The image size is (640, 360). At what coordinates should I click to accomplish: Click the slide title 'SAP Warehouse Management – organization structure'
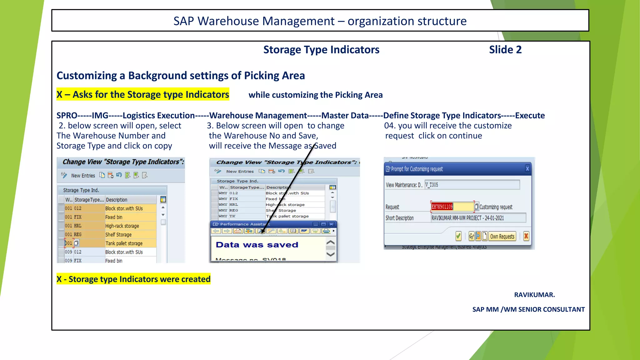[x=320, y=21]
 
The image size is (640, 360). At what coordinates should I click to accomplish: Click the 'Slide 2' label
[x=505, y=50]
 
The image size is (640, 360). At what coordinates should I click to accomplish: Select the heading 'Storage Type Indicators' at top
[x=321, y=50]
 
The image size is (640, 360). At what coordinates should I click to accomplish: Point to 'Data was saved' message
[x=257, y=245]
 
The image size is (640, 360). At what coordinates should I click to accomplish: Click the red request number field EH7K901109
[x=442, y=207]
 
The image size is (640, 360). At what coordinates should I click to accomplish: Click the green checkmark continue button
[x=458, y=236]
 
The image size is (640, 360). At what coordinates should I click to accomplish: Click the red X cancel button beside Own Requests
[x=526, y=236]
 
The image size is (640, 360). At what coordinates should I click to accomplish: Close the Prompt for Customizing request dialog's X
[x=527, y=169]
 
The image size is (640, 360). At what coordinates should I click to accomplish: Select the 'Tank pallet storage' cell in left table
[x=124, y=243]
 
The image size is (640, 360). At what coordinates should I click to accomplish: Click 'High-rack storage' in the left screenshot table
[x=122, y=226]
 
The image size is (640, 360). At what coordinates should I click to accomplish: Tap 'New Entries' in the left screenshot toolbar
[x=83, y=176]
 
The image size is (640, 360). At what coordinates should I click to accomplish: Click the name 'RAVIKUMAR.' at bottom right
[x=534, y=295]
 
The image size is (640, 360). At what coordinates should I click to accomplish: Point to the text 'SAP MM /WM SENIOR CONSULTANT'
[x=528, y=309]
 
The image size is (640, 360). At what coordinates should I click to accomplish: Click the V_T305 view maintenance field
[x=472, y=185]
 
